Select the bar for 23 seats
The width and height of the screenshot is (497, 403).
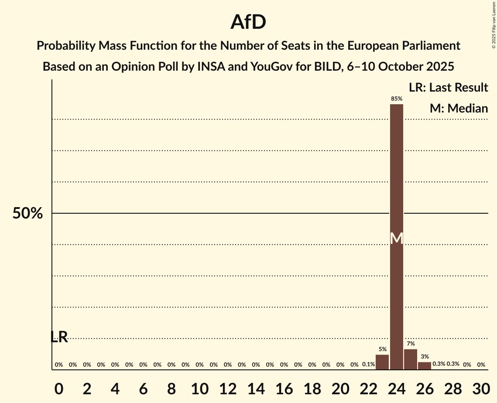[x=382, y=362]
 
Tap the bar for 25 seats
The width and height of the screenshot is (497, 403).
[x=411, y=359]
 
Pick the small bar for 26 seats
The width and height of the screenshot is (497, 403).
[x=425, y=365]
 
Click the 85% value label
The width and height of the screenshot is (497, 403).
[x=396, y=99]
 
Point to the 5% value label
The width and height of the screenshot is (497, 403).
[x=382, y=349]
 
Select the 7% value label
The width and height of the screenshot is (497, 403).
[x=411, y=344]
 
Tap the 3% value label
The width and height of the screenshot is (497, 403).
[x=425, y=357]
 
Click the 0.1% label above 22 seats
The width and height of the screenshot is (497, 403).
[x=368, y=365]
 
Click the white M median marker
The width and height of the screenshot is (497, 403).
[x=396, y=238]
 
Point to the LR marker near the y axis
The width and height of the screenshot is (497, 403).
[x=59, y=337]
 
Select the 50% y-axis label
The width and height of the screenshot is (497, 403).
[x=27, y=214]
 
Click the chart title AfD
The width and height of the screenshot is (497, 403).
[x=248, y=22]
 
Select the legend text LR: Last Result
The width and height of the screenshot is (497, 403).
[x=448, y=88]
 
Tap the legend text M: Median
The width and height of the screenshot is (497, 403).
[x=459, y=108]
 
